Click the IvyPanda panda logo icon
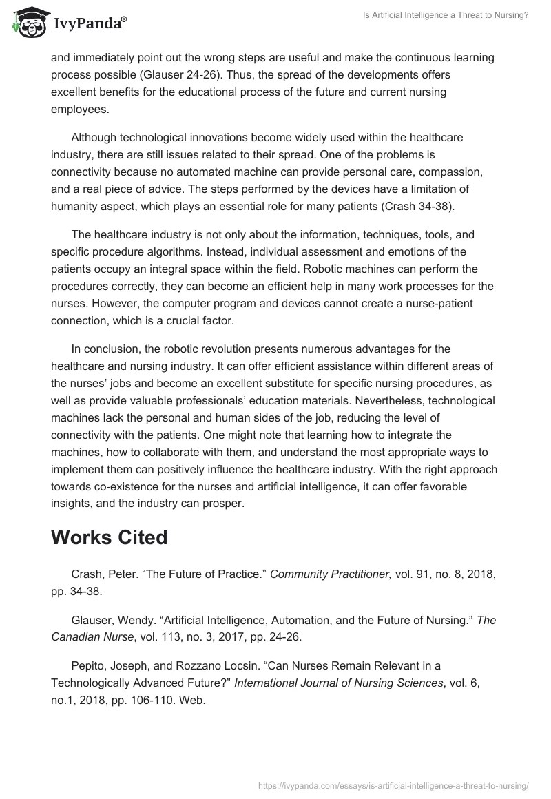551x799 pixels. (x=26, y=23)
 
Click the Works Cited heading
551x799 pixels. (x=110, y=538)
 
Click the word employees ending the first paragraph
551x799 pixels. (x=80, y=110)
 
